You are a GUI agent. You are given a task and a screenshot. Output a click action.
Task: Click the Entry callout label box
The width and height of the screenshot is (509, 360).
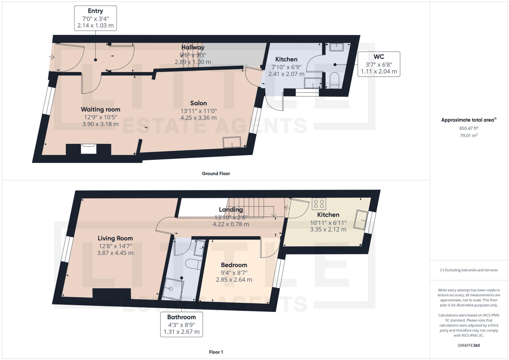pyautogui.click(x=95, y=18)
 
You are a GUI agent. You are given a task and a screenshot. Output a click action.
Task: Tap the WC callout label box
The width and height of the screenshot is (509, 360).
pyautogui.click(x=379, y=64)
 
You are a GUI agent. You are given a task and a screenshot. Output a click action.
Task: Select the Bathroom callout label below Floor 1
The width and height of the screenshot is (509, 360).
pyautogui.click(x=181, y=324)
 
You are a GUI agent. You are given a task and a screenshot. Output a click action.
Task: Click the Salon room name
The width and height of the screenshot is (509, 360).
pyautogui.click(x=198, y=103)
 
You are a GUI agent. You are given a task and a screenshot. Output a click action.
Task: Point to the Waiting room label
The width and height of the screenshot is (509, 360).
pyautogui.click(x=100, y=109)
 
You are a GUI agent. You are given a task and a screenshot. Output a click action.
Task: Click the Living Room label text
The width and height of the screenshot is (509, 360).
pyautogui.click(x=115, y=238)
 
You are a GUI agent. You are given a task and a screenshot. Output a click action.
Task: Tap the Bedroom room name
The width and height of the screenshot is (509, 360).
pyautogui.click(x=234, y=265)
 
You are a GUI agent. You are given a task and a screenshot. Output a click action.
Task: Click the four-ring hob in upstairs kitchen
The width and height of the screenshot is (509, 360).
pyautogui.click(x=319, y=204)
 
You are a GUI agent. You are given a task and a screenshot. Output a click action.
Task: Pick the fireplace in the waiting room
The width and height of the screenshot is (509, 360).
pyautogui.click(x=89, y=149)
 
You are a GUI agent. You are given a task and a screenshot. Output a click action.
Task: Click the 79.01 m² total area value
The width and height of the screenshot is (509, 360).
pyautogui.click(x=469, y=136)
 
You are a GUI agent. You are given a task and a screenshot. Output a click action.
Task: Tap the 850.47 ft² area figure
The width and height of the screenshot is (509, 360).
pyautogui.click(x=469, y=128)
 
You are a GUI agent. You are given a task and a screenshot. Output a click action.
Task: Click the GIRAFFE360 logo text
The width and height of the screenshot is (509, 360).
pyautogui.click(x=469, y=345)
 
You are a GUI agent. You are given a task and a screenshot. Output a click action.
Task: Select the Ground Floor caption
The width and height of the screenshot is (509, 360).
pyautogui.click(x=216, y=174)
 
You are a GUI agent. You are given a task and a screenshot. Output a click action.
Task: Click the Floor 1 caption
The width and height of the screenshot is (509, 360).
pyautogui.click(x=216, y=352)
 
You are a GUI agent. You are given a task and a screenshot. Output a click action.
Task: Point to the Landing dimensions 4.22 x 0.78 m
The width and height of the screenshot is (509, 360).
pyautogui.click(x=231, y=224)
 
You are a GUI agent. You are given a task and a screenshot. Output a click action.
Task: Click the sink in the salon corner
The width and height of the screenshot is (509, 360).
pyautogui.click(x=232, y=142)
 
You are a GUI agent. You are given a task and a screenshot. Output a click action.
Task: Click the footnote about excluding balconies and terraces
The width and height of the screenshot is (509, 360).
pyautogui.click(x=469, y=270)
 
